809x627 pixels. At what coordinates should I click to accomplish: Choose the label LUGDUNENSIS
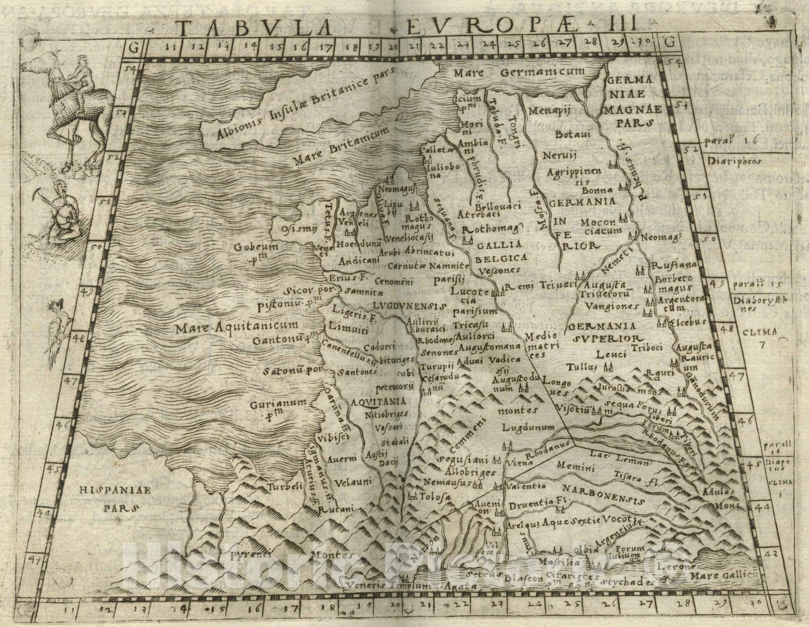409,307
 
